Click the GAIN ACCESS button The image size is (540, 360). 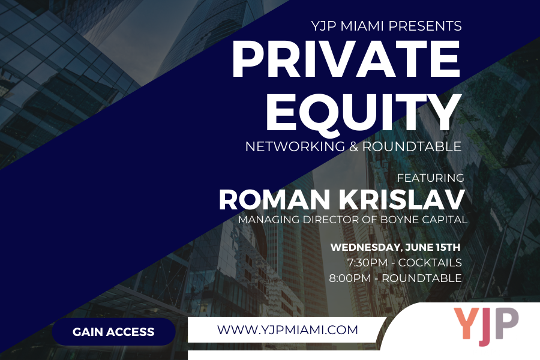(x=113, y=332)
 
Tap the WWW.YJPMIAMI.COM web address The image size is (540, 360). (x=287, y=329)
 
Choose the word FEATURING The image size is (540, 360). (x=431, y=178)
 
